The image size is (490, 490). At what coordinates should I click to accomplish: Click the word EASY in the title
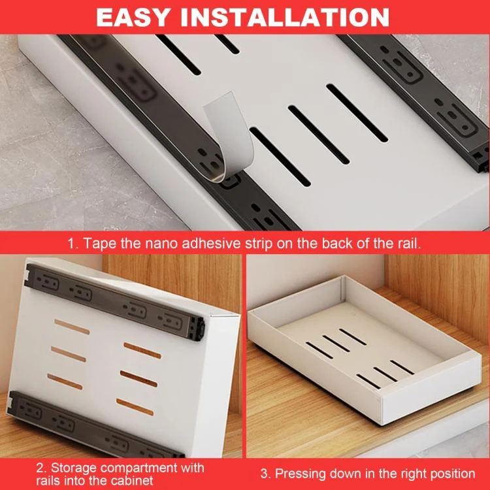(x=133, y=17)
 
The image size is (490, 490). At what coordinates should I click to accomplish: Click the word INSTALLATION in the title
(x=285, y=17)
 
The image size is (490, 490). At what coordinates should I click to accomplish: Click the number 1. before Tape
(x=73, y=244)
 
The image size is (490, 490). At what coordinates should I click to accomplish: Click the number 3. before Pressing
(x=266, y=474)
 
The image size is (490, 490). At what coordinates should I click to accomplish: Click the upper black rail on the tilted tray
(x=115, y=302)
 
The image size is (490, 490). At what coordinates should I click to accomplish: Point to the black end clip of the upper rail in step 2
(x=197, y=328)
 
